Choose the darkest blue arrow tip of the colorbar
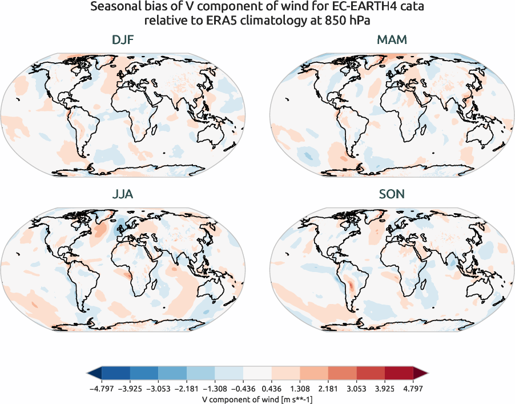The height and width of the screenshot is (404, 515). (x=93, y=374)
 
